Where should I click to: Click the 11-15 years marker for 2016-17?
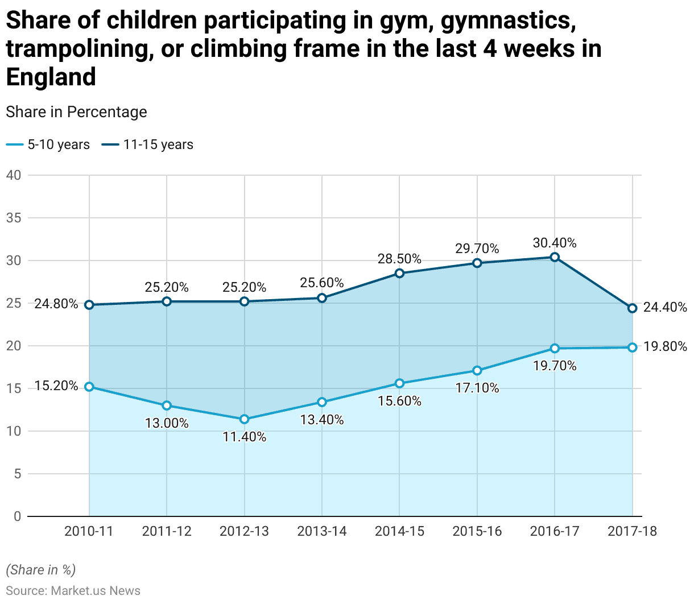coord(555,257)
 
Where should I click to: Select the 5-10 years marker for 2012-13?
coord(245,419)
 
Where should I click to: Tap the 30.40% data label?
coord(555,243)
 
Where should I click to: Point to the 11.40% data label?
coord(245,437)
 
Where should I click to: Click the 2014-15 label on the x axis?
coord(399,531)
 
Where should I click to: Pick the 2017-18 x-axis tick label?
coord(632,531)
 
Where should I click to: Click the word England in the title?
coord(51,77)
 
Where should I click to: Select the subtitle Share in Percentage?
coord(76,112)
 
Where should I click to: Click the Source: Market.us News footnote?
coord(73,590)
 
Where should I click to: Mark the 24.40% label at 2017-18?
coord(665,308)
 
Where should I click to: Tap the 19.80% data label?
coord(665,346)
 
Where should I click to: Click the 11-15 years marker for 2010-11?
coord(89,305)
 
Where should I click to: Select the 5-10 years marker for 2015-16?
coord(477,371)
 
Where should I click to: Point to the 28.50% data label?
coord(399,259)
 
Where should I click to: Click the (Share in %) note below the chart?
coord(40,570)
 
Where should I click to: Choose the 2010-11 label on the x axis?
coord(89,531)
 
